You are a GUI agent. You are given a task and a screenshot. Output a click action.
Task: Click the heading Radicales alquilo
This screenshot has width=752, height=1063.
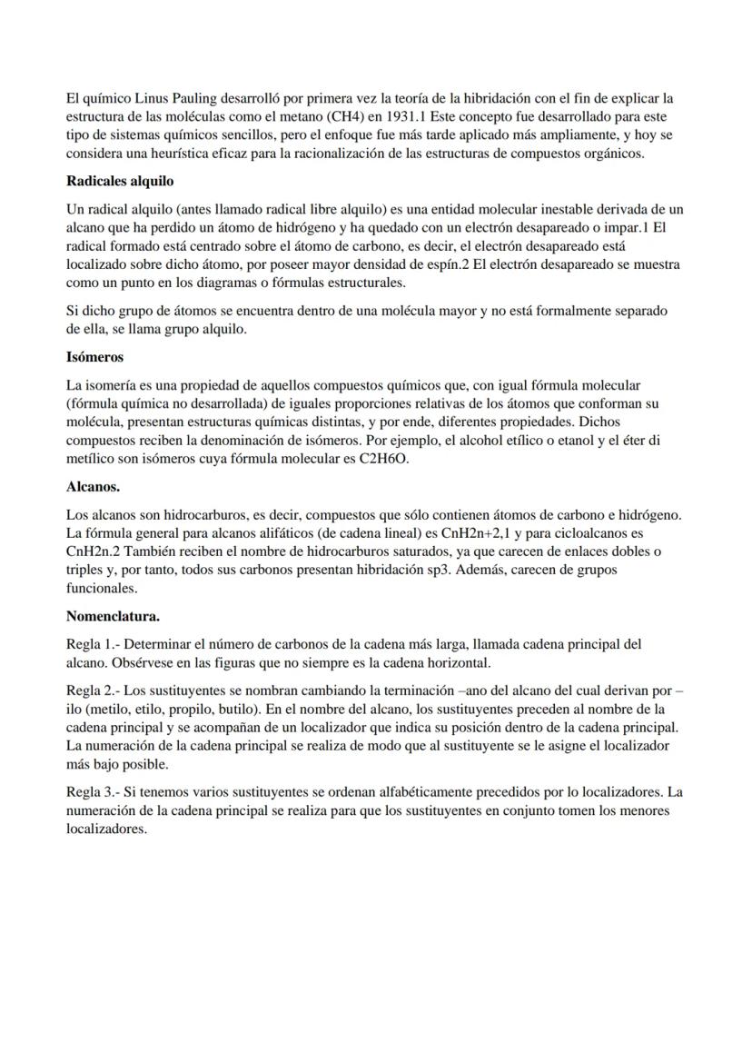[120, 181]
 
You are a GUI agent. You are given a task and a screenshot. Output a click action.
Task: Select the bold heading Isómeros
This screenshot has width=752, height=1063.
[94, 357]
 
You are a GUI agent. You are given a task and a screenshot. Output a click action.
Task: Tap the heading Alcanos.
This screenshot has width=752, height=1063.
[93, 487]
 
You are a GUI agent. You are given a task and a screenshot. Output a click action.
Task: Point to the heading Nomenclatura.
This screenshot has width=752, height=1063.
[113, 616]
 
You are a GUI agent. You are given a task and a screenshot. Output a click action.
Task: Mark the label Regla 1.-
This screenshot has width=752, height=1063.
[94, 644]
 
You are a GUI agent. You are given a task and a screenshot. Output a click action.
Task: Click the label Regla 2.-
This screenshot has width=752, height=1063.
[94, 690]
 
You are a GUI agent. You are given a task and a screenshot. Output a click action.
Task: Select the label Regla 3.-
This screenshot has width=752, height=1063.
[94, 792]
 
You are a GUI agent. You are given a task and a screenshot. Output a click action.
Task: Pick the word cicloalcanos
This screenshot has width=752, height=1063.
[598, 532]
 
